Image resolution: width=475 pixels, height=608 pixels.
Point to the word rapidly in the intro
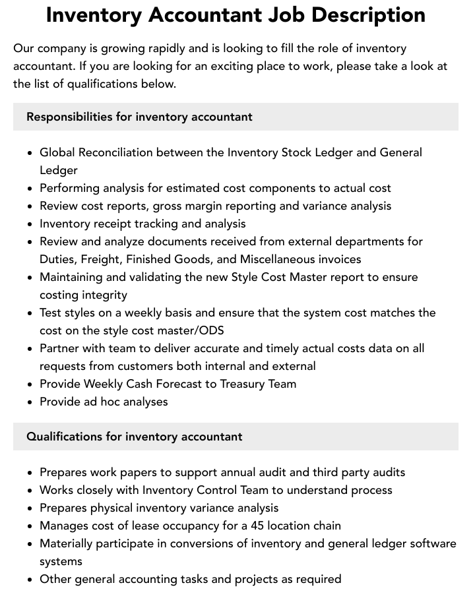150,48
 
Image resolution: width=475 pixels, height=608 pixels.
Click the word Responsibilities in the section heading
69,117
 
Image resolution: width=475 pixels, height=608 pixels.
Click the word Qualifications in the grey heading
65,437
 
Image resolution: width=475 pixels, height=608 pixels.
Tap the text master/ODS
197,330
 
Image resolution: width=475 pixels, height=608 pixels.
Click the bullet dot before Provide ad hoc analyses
30,402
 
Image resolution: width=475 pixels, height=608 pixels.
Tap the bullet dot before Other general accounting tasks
30,580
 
